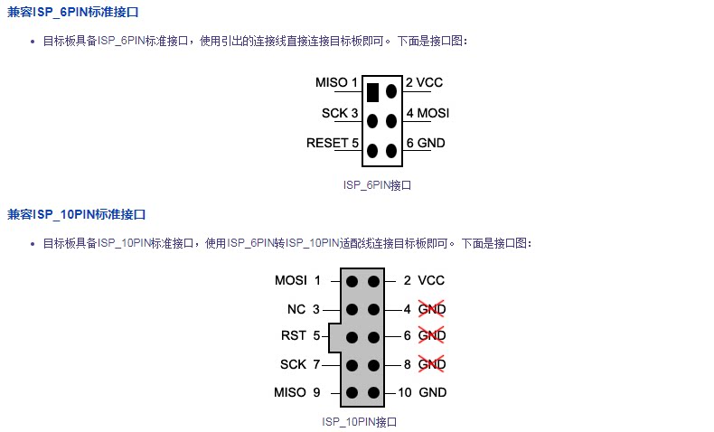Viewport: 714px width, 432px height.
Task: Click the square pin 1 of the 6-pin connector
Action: pos(372,92)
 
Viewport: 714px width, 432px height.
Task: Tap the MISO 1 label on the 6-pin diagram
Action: pos(336,82)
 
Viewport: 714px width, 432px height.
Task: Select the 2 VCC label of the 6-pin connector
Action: pos(424,82)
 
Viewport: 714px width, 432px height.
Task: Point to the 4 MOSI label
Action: pos(427,113)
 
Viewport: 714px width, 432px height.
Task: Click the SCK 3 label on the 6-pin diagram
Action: pos(340,113)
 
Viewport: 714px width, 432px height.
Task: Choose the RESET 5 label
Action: pos(333,143)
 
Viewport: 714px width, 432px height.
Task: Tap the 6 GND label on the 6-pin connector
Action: pos(426,143)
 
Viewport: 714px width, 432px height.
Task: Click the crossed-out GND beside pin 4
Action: pos(432,309)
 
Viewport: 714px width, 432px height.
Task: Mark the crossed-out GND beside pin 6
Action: pos(432,335)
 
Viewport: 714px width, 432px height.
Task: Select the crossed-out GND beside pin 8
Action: pos(432,364)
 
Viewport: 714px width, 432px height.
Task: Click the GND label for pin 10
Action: pos(433,392)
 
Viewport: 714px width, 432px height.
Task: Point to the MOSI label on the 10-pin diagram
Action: pos(290,280)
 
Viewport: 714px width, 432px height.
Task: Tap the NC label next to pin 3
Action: pos(296,310)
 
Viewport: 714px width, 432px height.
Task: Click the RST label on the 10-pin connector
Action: pos(294,336)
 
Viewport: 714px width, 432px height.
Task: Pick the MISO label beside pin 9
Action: pos(290,392)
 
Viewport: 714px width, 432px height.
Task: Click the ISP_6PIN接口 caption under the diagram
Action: pos(377,185)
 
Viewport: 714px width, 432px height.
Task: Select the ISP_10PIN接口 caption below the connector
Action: pos(360,422)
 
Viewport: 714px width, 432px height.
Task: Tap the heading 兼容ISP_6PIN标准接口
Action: pos(73,12)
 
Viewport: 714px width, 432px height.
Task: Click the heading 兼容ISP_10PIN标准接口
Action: pos(77,214)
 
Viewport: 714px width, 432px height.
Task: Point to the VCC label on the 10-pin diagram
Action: pos(431,280)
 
